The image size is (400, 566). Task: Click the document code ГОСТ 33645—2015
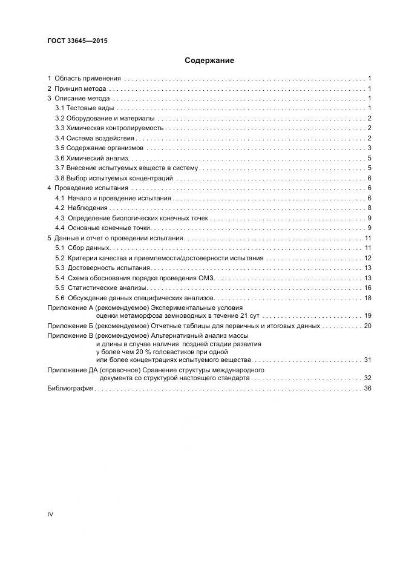click(x=73, y=41)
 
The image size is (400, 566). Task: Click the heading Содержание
click(x=209, y=61)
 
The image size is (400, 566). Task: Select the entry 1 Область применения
click(x=85, y=78)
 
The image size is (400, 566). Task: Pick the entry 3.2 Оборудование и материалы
click(x=104, y=117)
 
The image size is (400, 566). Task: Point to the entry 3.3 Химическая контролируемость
click(x=110, y=128)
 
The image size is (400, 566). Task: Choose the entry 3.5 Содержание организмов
click(x=99, y=148)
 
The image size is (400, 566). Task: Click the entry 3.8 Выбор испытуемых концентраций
click(x=114, y=178)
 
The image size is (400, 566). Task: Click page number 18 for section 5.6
click(x=367, y=298)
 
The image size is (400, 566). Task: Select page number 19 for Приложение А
click(x=367, y=316)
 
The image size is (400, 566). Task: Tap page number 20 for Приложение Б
click(x=367, y=326)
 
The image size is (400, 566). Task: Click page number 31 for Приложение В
click(x=367, y=360)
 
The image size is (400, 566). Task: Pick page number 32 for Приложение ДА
click(x=367, y=378)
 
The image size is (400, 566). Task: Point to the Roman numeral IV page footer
click(x=51, y=514)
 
